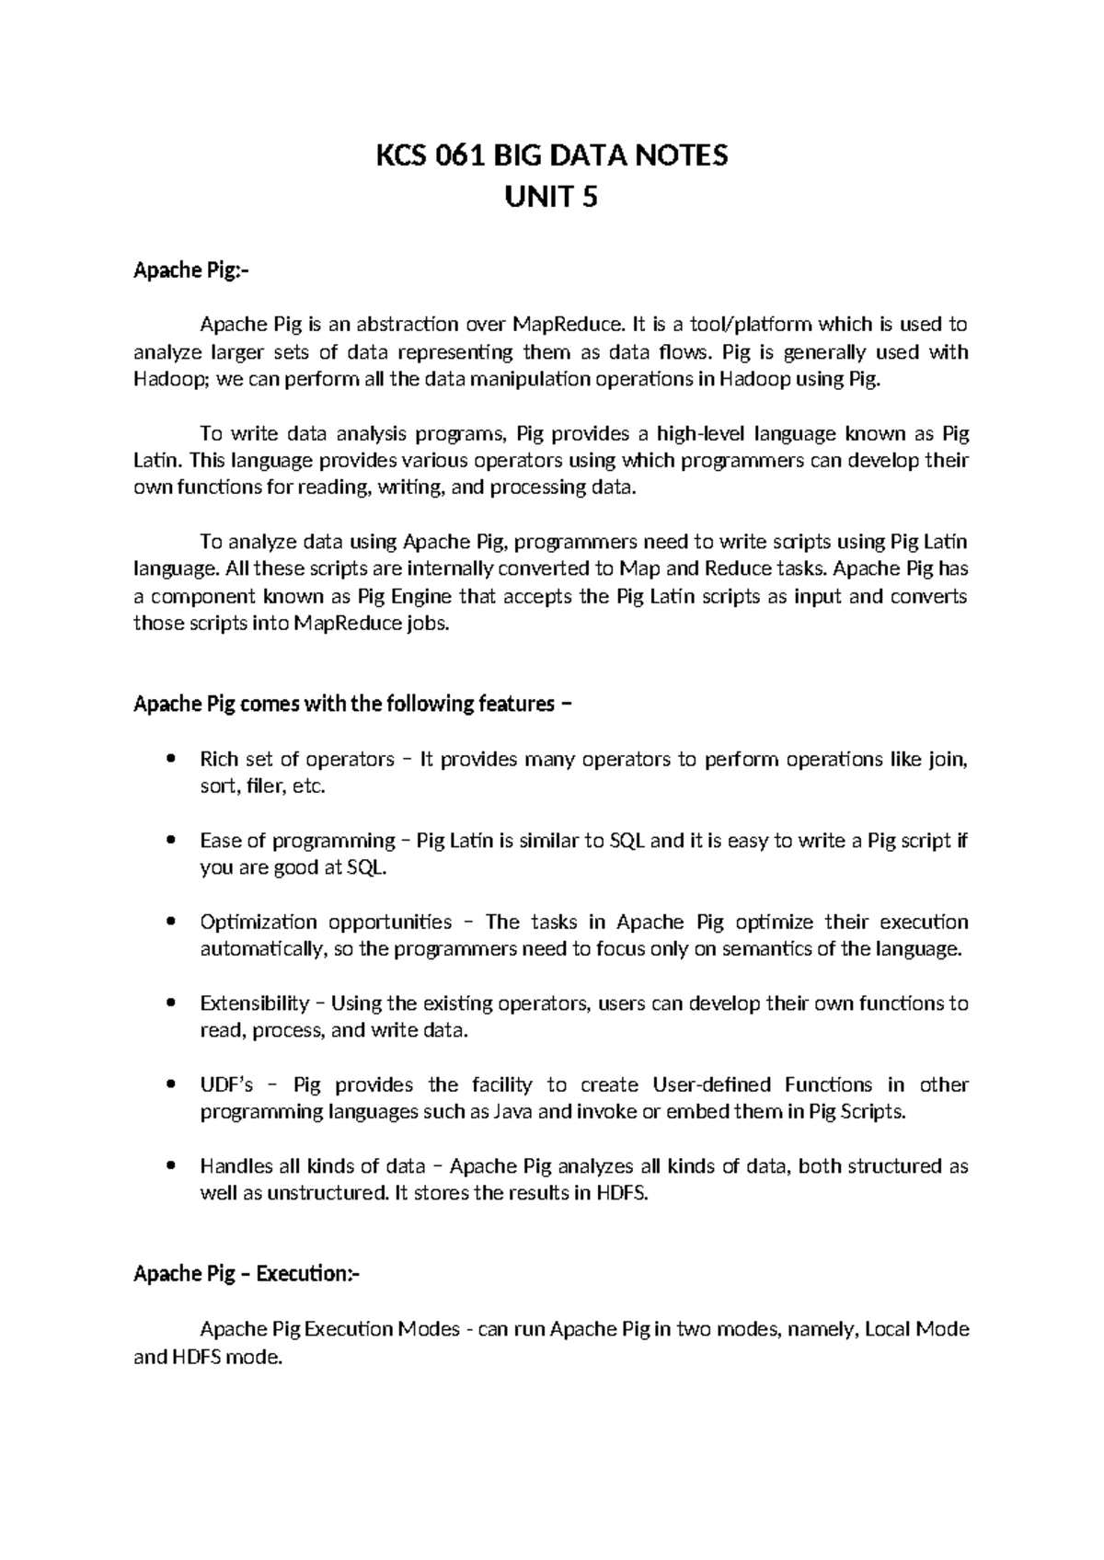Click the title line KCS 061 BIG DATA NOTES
pyautogui.click(x=551, y=155)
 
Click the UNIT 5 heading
pyautogui.click(x=551, y=196)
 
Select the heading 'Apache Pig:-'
pyautogui.click(x=191, y=270)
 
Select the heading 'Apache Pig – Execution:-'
pyautogui.click(x=247, y=1274)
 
